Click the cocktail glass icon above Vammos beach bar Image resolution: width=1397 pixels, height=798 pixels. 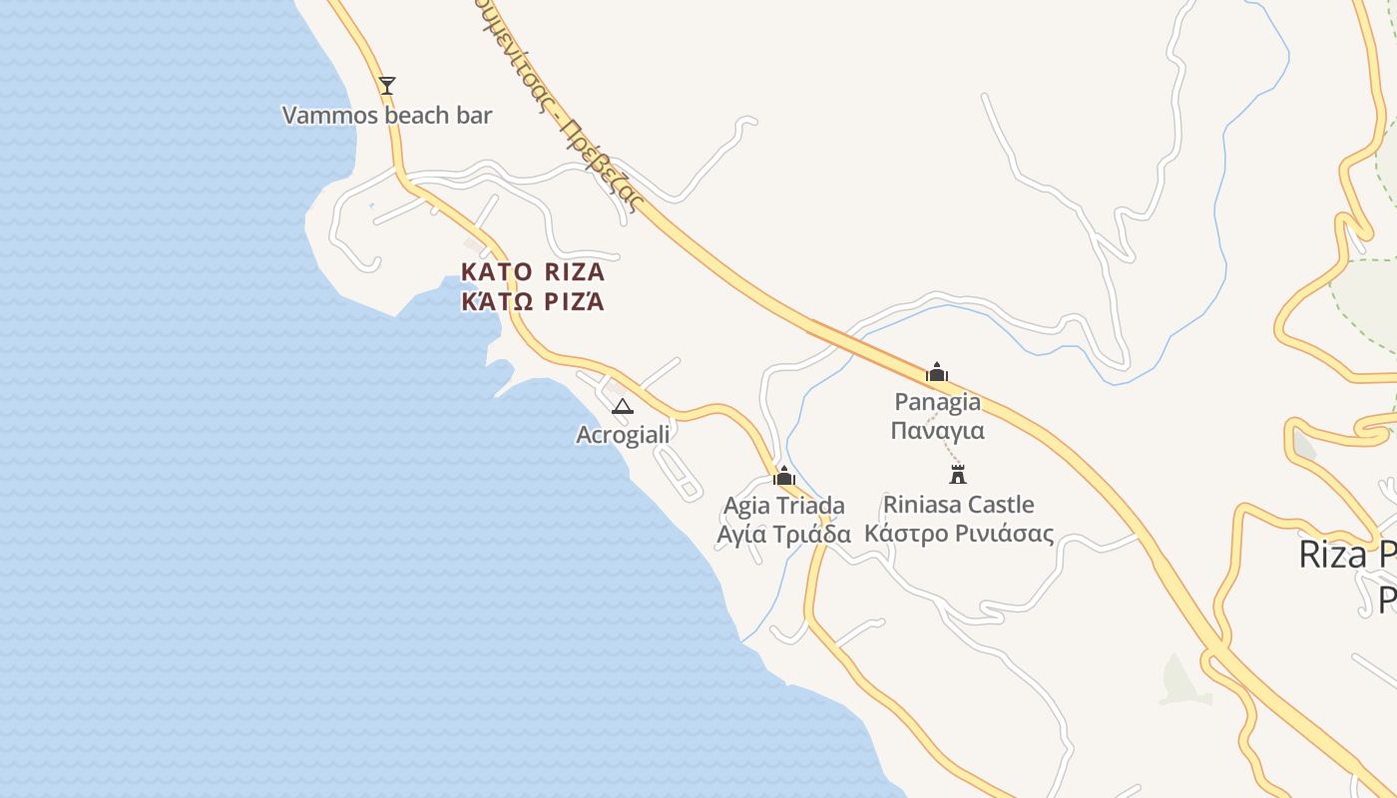387,85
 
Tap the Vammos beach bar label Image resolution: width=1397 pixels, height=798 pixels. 387,116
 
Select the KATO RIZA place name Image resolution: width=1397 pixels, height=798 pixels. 533,271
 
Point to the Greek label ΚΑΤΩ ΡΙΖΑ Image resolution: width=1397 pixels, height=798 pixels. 533,301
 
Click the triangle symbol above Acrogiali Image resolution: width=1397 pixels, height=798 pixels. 622,406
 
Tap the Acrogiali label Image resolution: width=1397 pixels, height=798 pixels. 623,435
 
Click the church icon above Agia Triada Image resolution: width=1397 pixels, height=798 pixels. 784,476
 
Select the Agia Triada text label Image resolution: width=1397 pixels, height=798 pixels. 784,506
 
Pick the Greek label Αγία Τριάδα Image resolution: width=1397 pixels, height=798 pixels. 784,534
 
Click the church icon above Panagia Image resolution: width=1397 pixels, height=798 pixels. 937,372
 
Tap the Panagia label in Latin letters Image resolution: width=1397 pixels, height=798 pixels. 937,402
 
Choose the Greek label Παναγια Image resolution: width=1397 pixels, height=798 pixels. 937,430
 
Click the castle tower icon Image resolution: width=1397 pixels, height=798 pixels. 958,474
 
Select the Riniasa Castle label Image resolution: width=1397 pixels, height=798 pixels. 958,505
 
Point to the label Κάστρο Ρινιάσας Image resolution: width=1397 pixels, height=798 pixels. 958,534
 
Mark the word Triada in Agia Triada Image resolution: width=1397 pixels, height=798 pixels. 811,506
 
